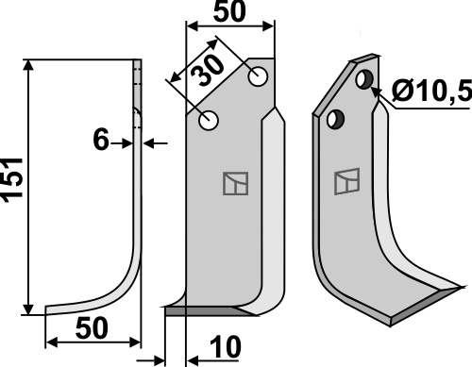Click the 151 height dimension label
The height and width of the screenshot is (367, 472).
pyautogui.click(x=12, y=179)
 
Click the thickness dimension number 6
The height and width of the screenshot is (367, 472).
pyautogui.click(x=101, y=140)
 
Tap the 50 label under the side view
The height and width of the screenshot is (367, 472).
pyautogui.click(x=92, y=328)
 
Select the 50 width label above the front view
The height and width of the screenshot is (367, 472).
pyautogui.click(x=229, y=11)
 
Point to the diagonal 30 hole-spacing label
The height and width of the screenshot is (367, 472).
pyautogui.click(x=208, y=71)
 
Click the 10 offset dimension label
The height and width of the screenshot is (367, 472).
pyautogui.click(x=226, y=347)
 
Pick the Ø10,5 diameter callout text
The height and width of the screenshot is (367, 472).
pyautogui.click(x=431, y=91)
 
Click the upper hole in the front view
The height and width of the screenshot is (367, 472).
pyautogui.click(x=258, y=76)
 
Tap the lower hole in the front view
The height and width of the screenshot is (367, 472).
pyautogui.click(x=209, y=120)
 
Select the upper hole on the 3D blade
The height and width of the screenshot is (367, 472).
pyautogui.click(x=364, y=79)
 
